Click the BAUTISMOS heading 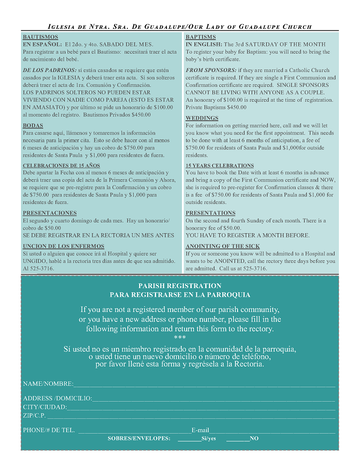click(x=40, y=37)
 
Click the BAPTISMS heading click(x=201, y=37)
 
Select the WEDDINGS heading click(x=202, y=118)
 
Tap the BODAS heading click(x=33, y=126)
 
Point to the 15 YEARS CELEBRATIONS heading click(x=220, y=165)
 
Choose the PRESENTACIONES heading click(x=49, y=213)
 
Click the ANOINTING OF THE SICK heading click(x=223, y=246)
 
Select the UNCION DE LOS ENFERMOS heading click(x=63, y=246)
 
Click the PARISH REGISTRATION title click(x=180, y=286)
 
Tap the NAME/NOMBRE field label click(x=48, y=384)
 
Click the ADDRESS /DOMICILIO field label click(x=58, y=398)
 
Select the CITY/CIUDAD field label click(x=45, y=407)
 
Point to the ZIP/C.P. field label click(x=34, y=415)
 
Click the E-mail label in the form click(x=200, y=430)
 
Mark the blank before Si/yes click(x=189, y=439)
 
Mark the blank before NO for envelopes click(x=238, y=439)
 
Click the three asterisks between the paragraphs click(x=180, y=338)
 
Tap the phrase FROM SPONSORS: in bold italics click(x=211, y=70)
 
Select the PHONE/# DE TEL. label click(x=49, y=430)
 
